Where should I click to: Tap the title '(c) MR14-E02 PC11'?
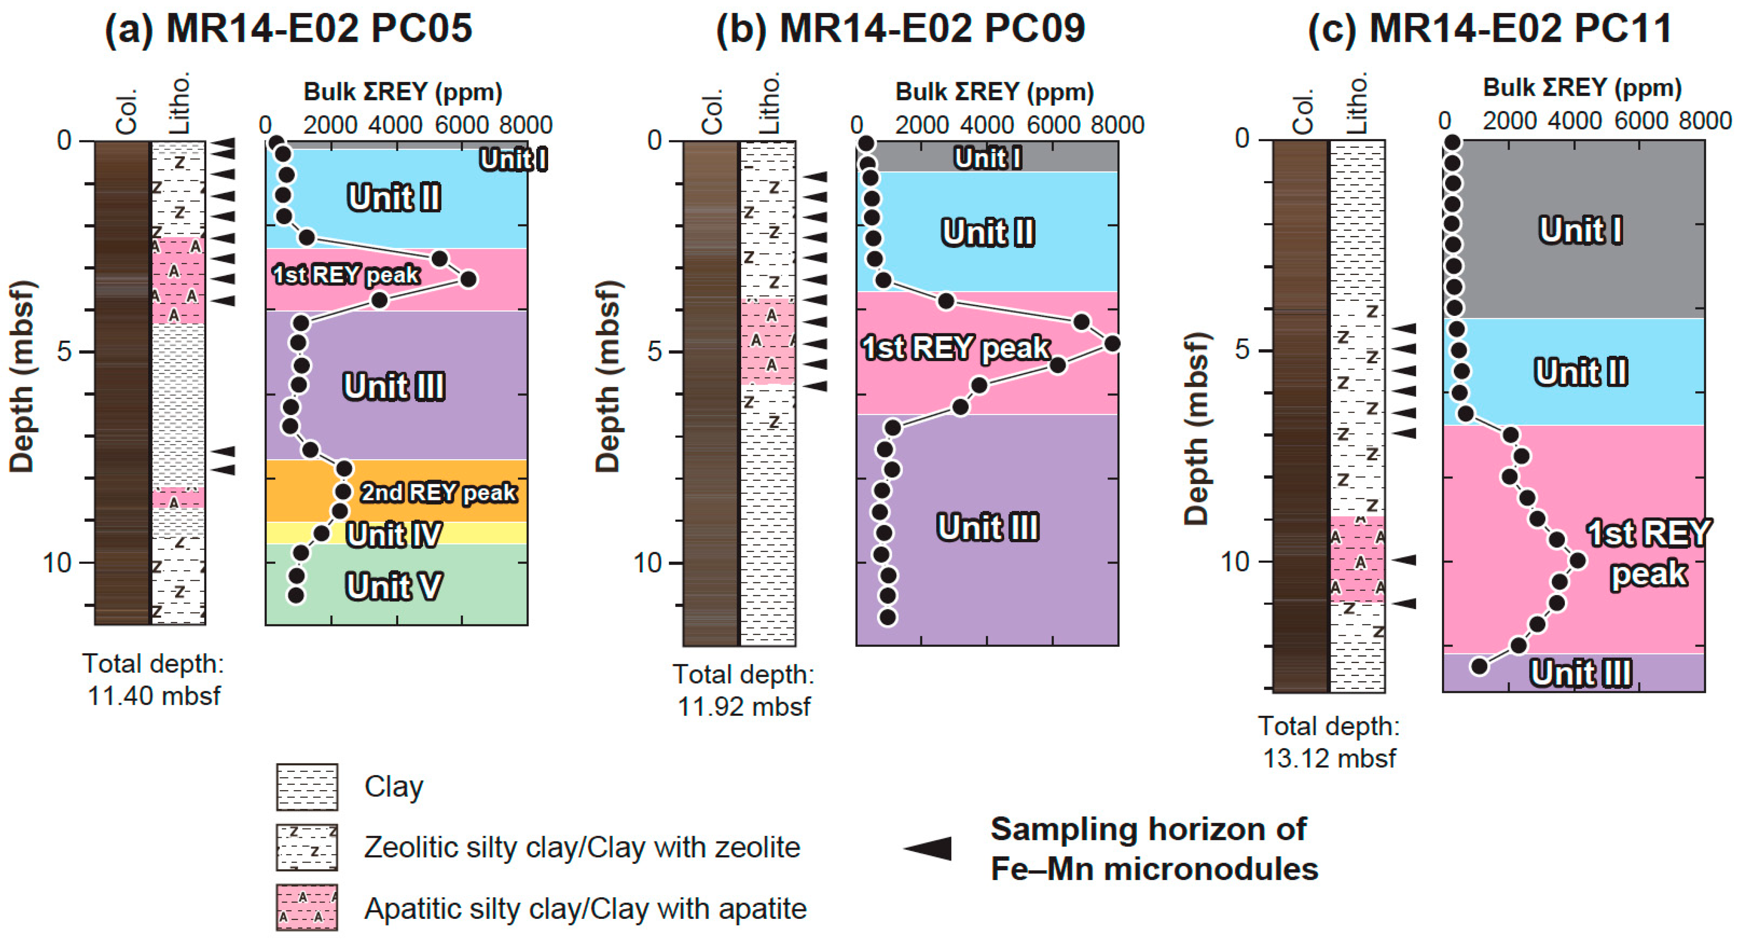coord(1490,28)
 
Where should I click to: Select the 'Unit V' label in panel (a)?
coord(394,585)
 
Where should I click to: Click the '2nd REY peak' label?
coord(439,493)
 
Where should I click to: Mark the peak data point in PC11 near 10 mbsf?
coord(1578,560)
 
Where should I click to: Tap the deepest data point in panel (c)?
coord(1479,667)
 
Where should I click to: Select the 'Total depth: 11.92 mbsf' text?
coord(744,690)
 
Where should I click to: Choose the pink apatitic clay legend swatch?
coord(307,907)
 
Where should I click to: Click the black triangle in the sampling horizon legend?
coord(929,848)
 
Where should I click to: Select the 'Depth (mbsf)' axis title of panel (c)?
coord(1196,429)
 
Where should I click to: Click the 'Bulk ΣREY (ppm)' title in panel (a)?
coord(403,92)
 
